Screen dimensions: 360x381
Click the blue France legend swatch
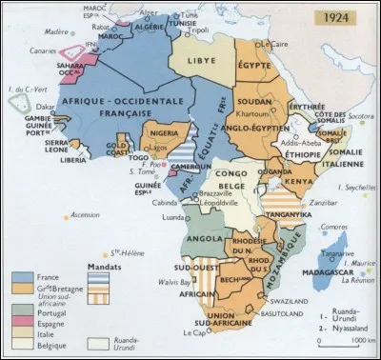coord(16,277)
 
